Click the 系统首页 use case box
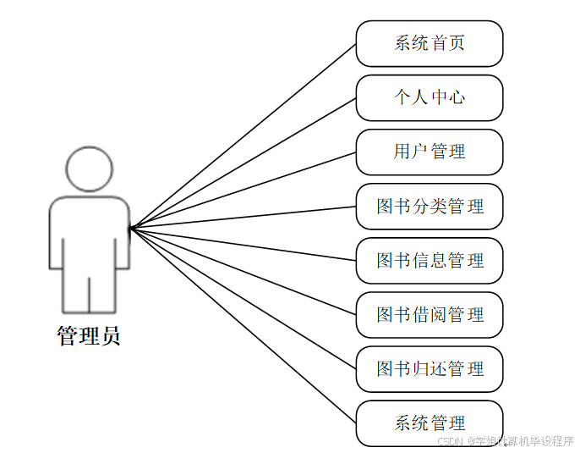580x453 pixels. (x=430, y=43)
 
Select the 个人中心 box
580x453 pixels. (x=430, y=97)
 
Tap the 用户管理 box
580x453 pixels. (x=430, y=152)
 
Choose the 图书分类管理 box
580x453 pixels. (x=430, y=206)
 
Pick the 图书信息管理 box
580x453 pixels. (x=430, y=260)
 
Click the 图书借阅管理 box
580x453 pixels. (x=430, y=315)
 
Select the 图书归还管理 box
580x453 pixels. (x=430, y=369)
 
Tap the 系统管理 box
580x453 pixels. (x=430, y=423)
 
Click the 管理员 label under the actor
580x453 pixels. (x=89, y=336)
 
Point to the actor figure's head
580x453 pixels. (x=89, y=169)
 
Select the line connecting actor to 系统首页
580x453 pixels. (x=243, y=135)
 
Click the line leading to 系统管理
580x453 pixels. (x=243, y=325)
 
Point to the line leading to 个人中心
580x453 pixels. (x=243, y=163)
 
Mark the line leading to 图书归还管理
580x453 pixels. (x=243, y=298)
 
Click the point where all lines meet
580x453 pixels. (x=131, y=227)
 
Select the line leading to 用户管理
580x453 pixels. (x=243, y=190)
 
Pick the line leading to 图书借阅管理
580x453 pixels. (x=243, y=271)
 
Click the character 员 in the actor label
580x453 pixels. (x=110, y=336)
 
